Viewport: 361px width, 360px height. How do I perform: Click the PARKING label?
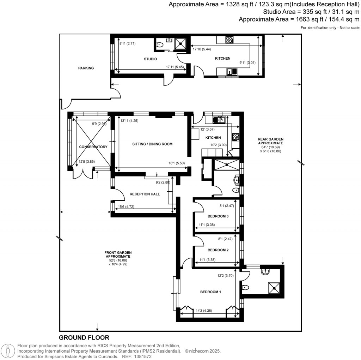click(86, 68)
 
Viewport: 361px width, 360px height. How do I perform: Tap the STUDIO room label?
click(150, 59)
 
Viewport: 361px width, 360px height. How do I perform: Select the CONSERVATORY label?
click(93, 147)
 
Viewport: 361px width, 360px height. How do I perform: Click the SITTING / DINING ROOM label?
click(152, 144)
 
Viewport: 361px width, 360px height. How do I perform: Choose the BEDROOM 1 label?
click(210, 292)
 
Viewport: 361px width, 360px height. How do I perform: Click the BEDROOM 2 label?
click(218, 250)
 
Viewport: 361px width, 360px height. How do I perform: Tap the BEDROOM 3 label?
click(218, 216)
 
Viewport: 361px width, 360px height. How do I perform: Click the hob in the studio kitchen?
click(230, 40)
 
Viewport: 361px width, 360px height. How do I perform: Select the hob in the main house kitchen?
click(235, 137)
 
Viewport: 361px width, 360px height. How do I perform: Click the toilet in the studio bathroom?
click(160, 45)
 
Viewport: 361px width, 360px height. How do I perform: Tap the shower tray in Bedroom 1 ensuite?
click(275, 288)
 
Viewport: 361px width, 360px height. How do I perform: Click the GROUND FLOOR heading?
click(84, 338)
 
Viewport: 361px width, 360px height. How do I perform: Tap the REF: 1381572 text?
click(141, 356)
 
